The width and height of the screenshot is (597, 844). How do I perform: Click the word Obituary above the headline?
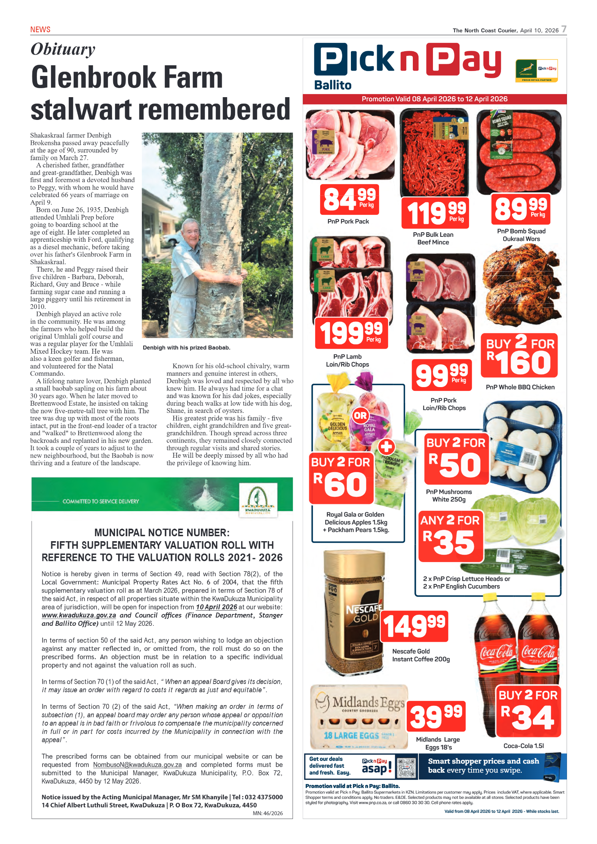[63, 50]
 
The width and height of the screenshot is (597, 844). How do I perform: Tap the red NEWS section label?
[40, 30]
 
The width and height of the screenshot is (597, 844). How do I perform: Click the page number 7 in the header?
[564, 29]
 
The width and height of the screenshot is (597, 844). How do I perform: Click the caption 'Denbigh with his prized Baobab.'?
[186, 348]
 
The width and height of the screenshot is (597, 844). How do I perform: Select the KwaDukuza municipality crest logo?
[258, 500]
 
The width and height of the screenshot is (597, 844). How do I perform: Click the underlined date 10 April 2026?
[216, 607]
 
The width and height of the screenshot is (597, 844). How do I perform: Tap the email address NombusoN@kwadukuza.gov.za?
[137, 765]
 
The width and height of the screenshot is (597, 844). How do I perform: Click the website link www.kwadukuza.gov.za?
[79, 616]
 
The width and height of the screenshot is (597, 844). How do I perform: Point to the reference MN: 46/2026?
[268, 813]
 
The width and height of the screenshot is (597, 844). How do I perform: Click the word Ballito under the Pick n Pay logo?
[333, 85]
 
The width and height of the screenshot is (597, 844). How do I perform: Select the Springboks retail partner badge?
[537, 70]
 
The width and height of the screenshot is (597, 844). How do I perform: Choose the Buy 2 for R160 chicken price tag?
[519, 356]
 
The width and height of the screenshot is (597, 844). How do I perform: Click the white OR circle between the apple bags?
[360, 416]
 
